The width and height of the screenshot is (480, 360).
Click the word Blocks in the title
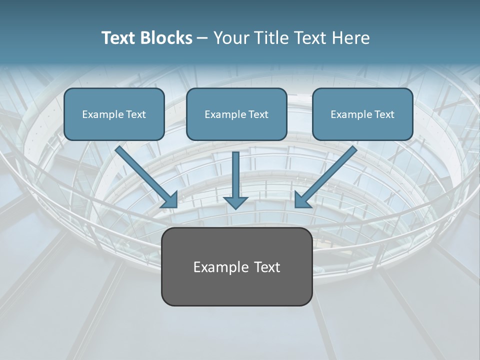pos(168,38)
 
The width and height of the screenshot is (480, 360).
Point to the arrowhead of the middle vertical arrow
pos(235,202)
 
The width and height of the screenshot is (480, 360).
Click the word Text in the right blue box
pos(383,114)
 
